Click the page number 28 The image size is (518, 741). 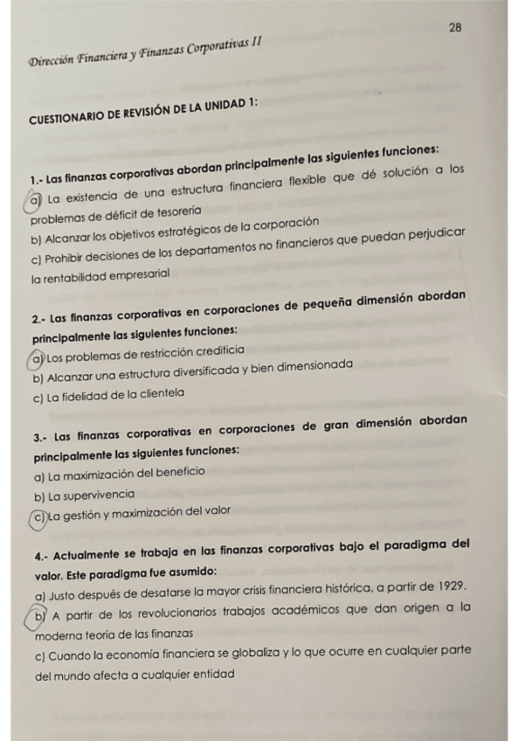(x=455, y=29)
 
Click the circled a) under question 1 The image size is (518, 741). (x=35, y=202)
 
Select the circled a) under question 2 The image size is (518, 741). (x=37, y=358)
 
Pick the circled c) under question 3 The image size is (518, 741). (x=38, y=518)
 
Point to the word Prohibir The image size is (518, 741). (x=69, y=260)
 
